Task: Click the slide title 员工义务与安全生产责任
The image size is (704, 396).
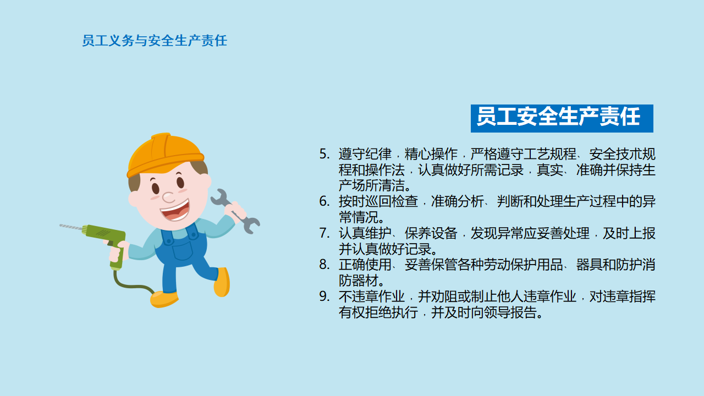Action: pyautogui.click(x=155, y=41)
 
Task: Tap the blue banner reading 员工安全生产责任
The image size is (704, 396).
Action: pyautogui.click(x=562, y=118)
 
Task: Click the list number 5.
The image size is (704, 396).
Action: pyautogui.click(x=324, y=154)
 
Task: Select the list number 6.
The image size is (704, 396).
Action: pyautogui.click(x=324, y=201)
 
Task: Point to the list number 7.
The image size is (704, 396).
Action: pyautogui.click(x=324, y=233)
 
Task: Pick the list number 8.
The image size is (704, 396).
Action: pyautogui.click(x=324, y=265)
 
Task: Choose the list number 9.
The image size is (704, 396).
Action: pyautogui.click(x=324, y=296)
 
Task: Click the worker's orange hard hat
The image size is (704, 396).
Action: pyautogui.click(x=165, y=155)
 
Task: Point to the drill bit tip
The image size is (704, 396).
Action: pyautogui.click(x=61, y=225)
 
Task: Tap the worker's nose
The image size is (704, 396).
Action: pyautogui.click(x=168, y=197)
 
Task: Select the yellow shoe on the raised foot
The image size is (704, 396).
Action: pyautogui.click(x=222, y=282)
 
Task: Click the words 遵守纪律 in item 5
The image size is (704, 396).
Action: pyautogui.click(x=365, y=154)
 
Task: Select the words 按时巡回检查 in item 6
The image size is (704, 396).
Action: pyautogui.click(x=378, y=201)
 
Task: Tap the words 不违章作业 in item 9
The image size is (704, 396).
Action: pyautogui.click(x=372, y=296)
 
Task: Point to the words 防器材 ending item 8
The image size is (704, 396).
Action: pyautogui.click(x=359, y=280)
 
